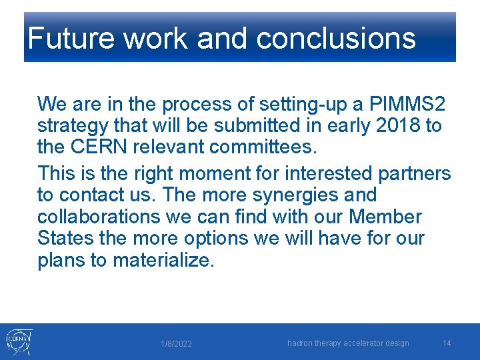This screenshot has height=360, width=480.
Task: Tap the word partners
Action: pyautogui.click(x=414, y=173)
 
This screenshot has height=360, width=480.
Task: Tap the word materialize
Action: pyautogui.click(x=164, y=261)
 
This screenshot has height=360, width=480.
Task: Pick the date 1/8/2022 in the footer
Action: pyautogui.click(x=176, y=344)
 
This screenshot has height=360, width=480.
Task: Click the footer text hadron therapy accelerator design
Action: pyautogui.click(x=348, y=343)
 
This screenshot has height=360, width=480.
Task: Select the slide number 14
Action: pyautogui.click(x=447, y=343)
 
